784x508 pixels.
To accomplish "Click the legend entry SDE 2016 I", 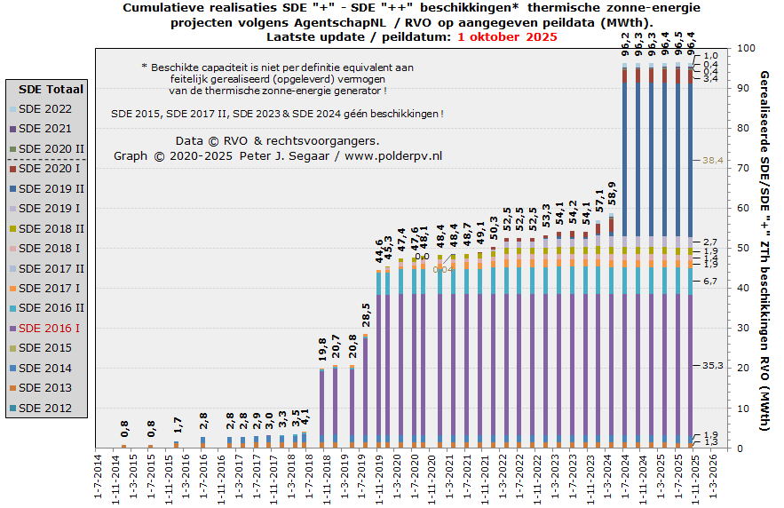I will tap(49, 329).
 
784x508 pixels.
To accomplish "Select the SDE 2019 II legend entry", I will tap(51, 188).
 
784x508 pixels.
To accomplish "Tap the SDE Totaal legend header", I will tap(51, 89).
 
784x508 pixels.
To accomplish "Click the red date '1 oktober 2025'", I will tap(507, 36).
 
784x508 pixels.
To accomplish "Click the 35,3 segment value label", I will tap(714, 366).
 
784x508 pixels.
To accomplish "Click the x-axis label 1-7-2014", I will tap(99, 478).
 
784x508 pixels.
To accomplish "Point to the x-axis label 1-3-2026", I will tap(725, 478).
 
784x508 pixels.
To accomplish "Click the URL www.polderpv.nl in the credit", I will tap(393, 156).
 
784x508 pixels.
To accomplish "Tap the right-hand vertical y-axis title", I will tap(764, 251).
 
